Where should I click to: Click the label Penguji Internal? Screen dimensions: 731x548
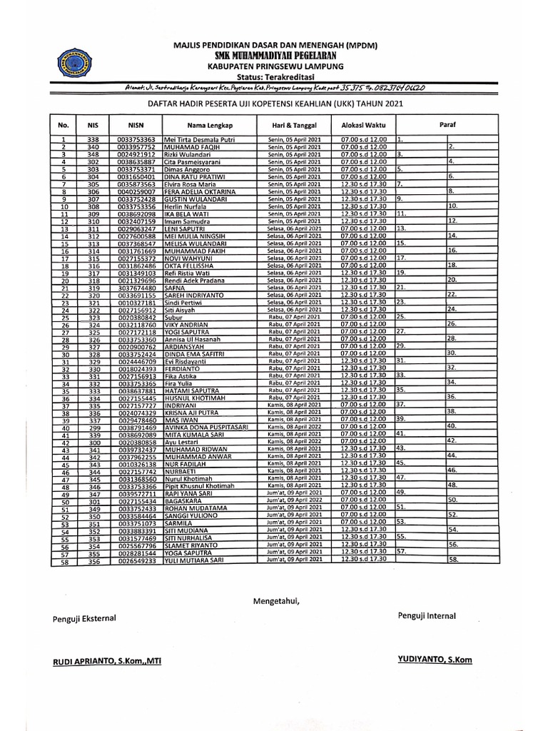click(x=427, y=615)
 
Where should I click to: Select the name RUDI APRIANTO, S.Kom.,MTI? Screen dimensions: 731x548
click(x=106, y=662)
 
